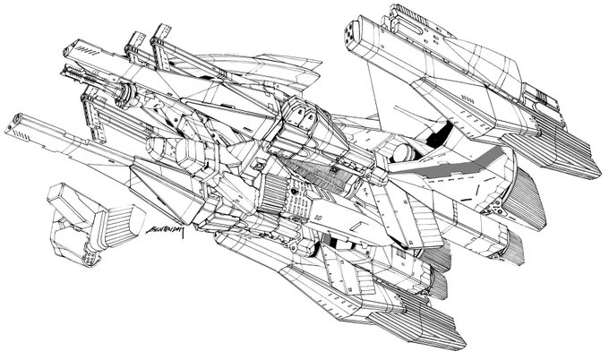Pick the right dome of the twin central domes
pyautogui.click(x=309, y=115)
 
